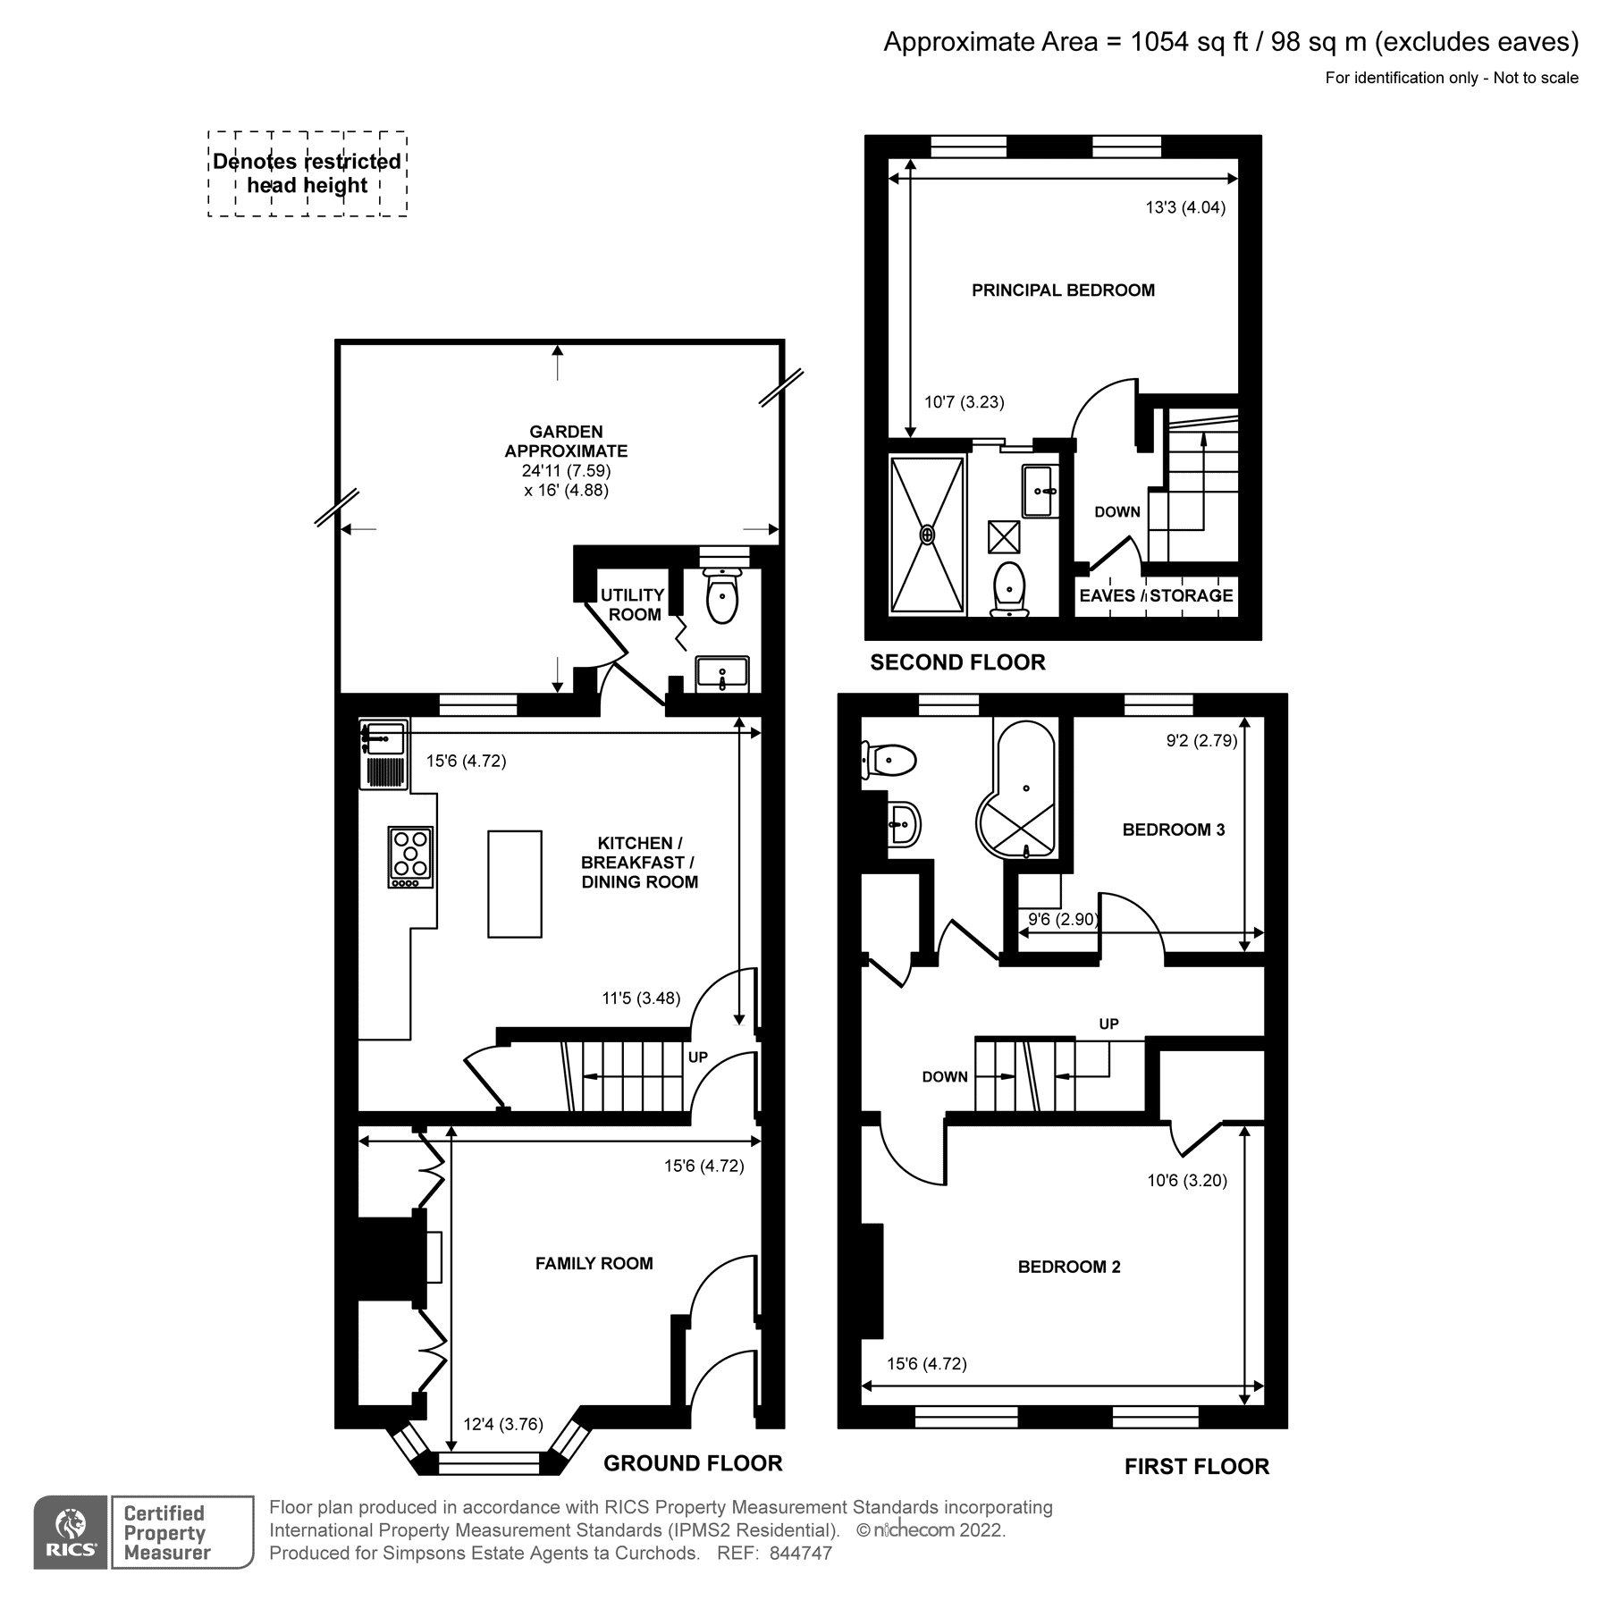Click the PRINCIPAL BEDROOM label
1063,290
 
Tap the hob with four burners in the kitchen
410,856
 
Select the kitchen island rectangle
514,883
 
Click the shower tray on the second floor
928,535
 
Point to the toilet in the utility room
722,594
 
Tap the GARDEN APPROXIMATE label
566,442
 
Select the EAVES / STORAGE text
1156,595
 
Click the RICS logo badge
71,1531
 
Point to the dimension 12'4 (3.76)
503,1424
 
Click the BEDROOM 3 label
1173,830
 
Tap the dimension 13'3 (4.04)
1185,207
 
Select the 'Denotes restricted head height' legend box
307,173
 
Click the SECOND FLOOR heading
957,662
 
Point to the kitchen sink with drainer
383,754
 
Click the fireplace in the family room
393,1256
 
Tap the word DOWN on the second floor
1116,512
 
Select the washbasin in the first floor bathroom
905,823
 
